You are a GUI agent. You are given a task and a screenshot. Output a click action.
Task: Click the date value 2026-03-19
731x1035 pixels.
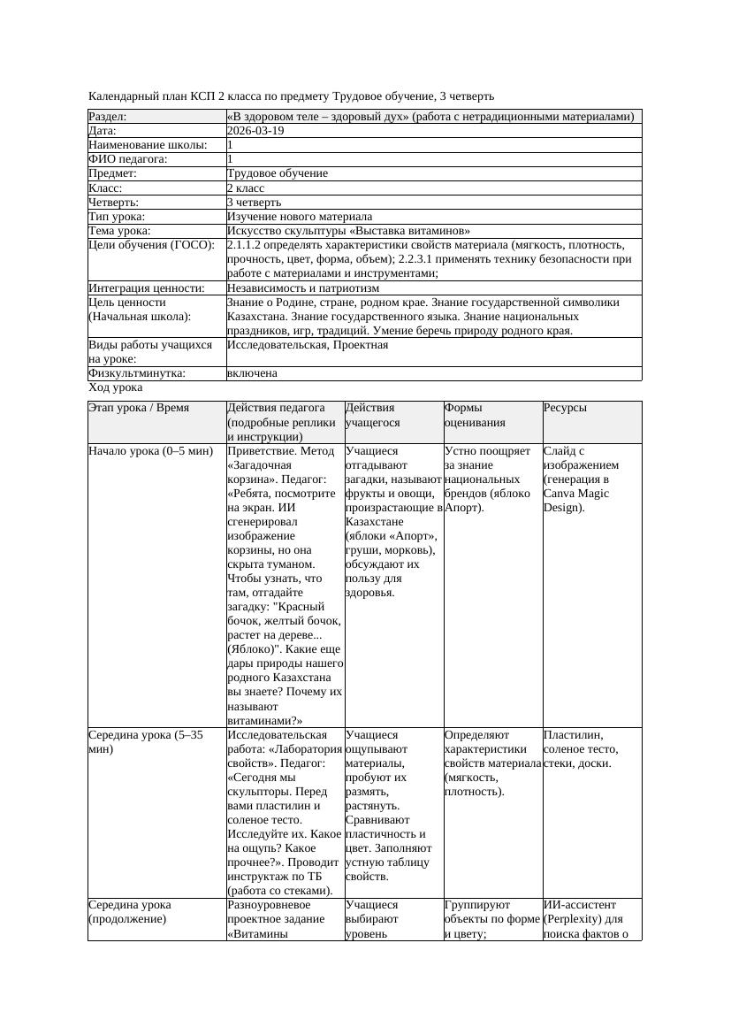[x=255, y=131]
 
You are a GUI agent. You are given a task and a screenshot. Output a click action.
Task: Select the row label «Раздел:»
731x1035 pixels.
[x=108, y=117]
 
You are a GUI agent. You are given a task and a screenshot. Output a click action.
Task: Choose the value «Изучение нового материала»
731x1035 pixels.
[x=300, y=217]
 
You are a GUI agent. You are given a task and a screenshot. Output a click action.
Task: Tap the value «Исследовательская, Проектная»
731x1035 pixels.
[x=308, y=345]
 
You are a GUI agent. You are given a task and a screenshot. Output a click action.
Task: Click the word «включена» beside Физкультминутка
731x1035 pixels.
[x=252, y=373]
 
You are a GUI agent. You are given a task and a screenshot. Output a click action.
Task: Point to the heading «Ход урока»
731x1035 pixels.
[x=116, y=387]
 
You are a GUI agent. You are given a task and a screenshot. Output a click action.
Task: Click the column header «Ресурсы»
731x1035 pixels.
[x=565, y=408]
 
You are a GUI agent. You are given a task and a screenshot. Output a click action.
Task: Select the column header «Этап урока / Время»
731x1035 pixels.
[x=145, y=408]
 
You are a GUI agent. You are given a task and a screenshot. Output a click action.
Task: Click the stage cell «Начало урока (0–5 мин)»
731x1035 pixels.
[x=151, y=451]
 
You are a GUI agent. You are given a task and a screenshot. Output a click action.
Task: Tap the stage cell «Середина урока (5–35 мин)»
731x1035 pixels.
[x=146, y=741]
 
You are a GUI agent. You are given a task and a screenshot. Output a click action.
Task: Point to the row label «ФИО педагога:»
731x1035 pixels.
[x=128, y=159]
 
